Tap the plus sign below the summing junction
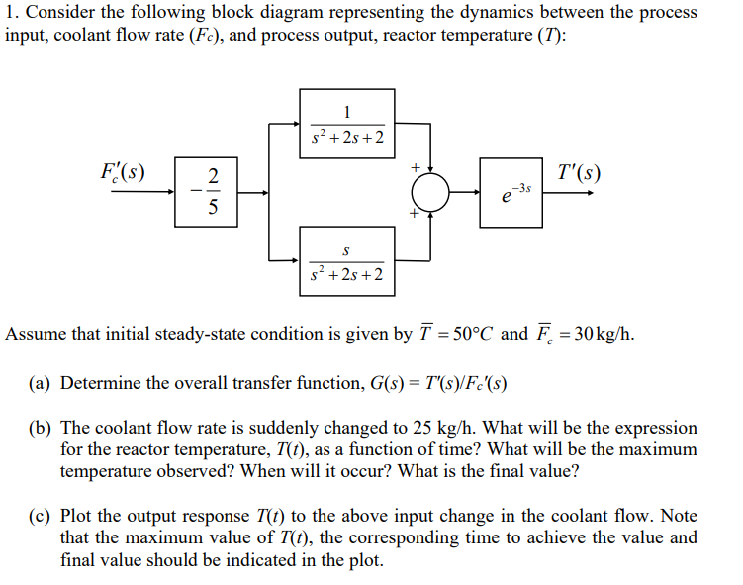417,214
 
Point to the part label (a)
40,383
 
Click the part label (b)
40,429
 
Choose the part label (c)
40,517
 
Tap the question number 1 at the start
10,13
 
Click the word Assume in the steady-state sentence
36,333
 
